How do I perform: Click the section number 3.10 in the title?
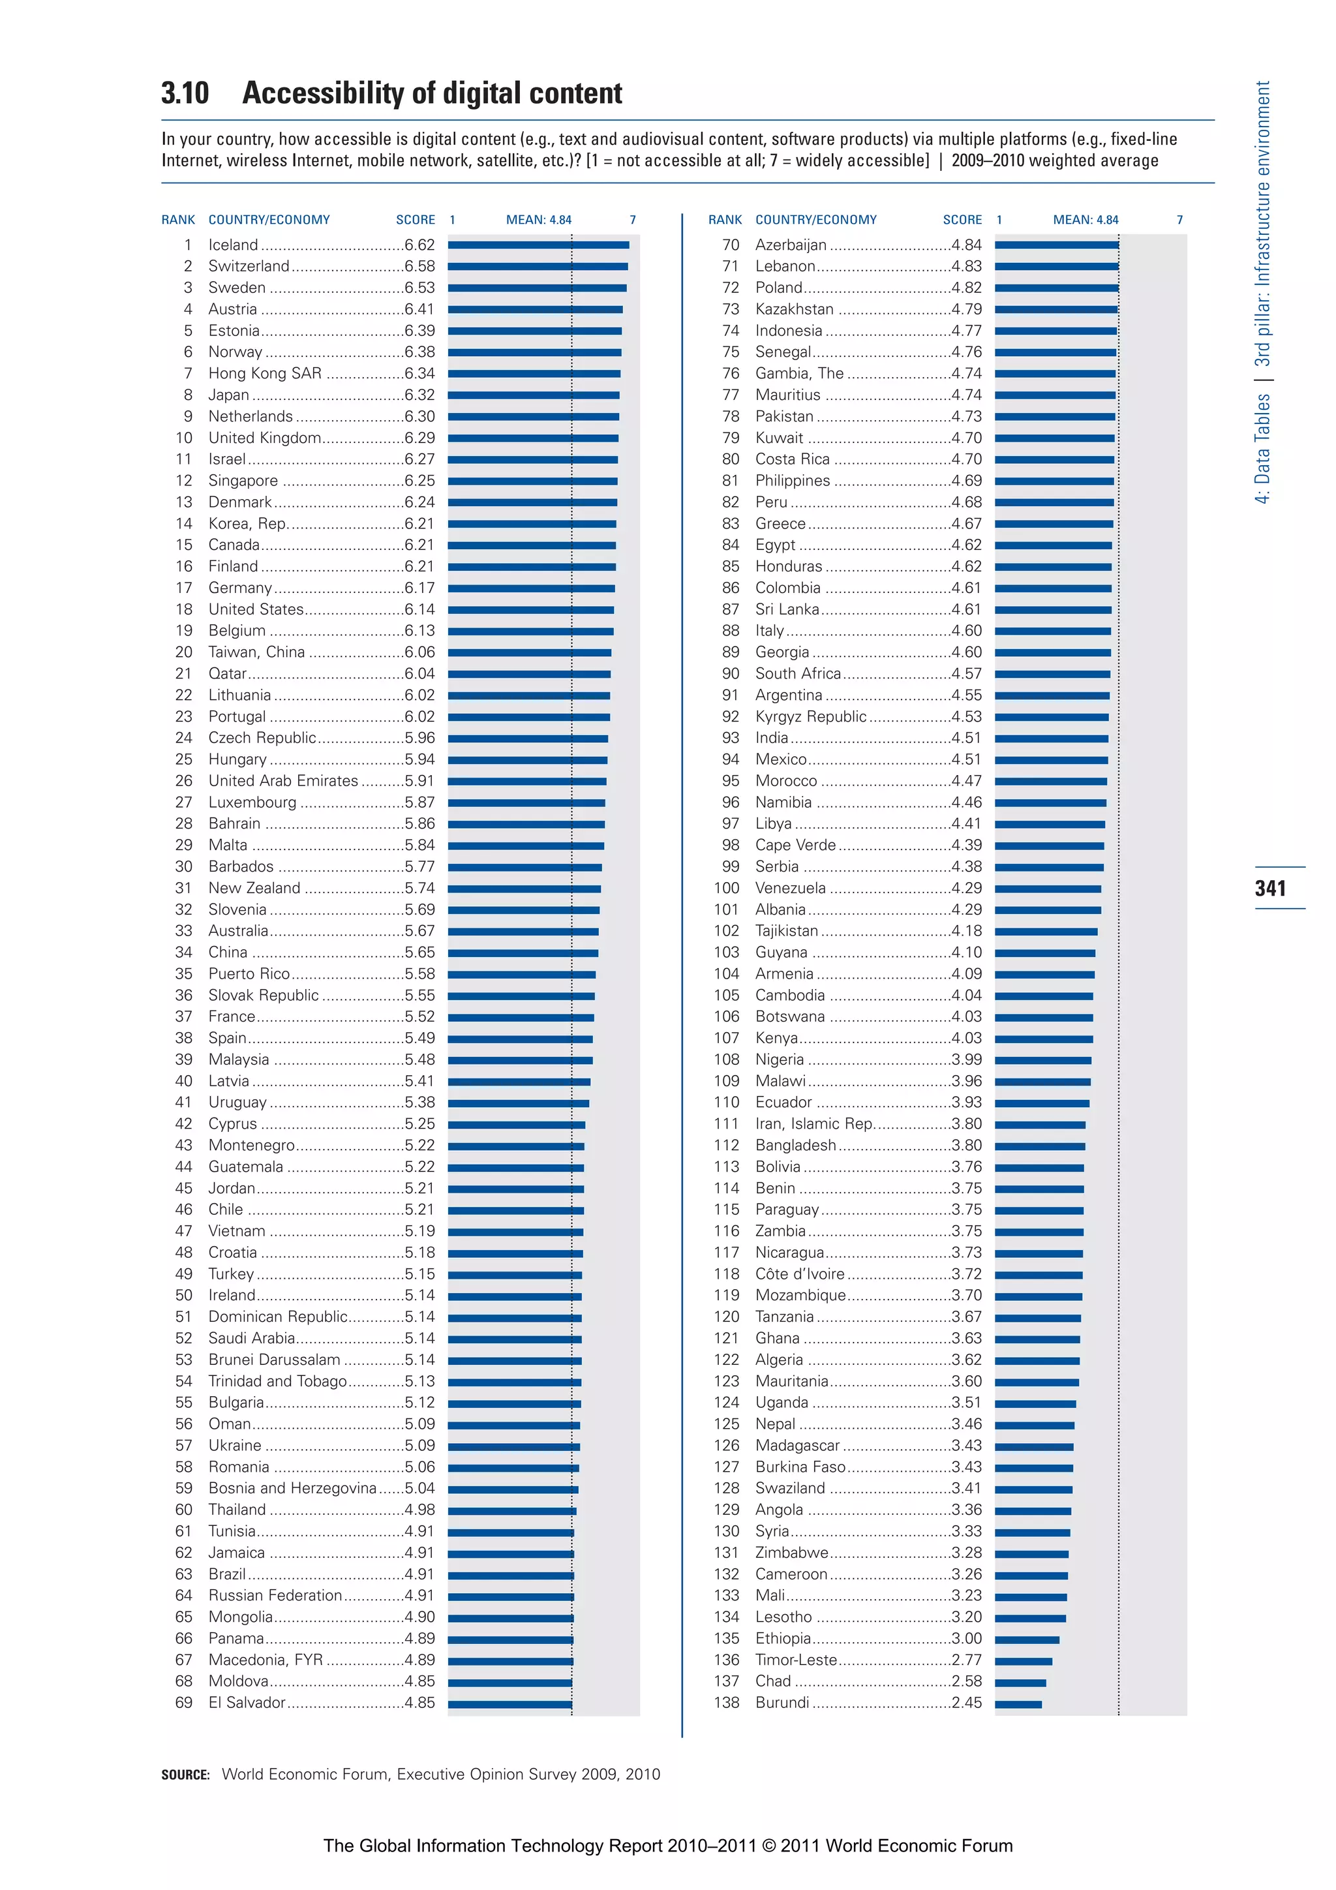(185, 93)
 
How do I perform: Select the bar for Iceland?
(538, 245)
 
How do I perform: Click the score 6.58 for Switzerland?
(419, 266)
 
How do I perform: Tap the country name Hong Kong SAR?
(264, 373)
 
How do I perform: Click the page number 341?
(1270, 887)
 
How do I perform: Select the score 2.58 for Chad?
(966, 1681)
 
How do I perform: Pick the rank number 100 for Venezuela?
(726, 887)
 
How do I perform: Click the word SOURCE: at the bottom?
(185, 1775)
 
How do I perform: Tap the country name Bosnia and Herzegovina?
(292, 1488)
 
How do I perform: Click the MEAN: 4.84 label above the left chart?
(538, 220)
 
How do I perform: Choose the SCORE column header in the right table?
(962, 220)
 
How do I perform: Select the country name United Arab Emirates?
(283, 780)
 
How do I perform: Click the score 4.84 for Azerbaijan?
(966, 245)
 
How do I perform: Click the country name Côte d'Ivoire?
(799, 1273)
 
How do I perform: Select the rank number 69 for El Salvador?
(183, 1702)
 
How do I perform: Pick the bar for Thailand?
(512, 1510)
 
